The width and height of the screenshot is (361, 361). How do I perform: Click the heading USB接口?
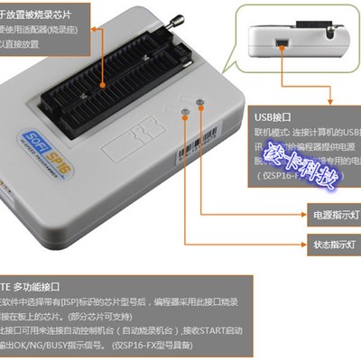(273, 116)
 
